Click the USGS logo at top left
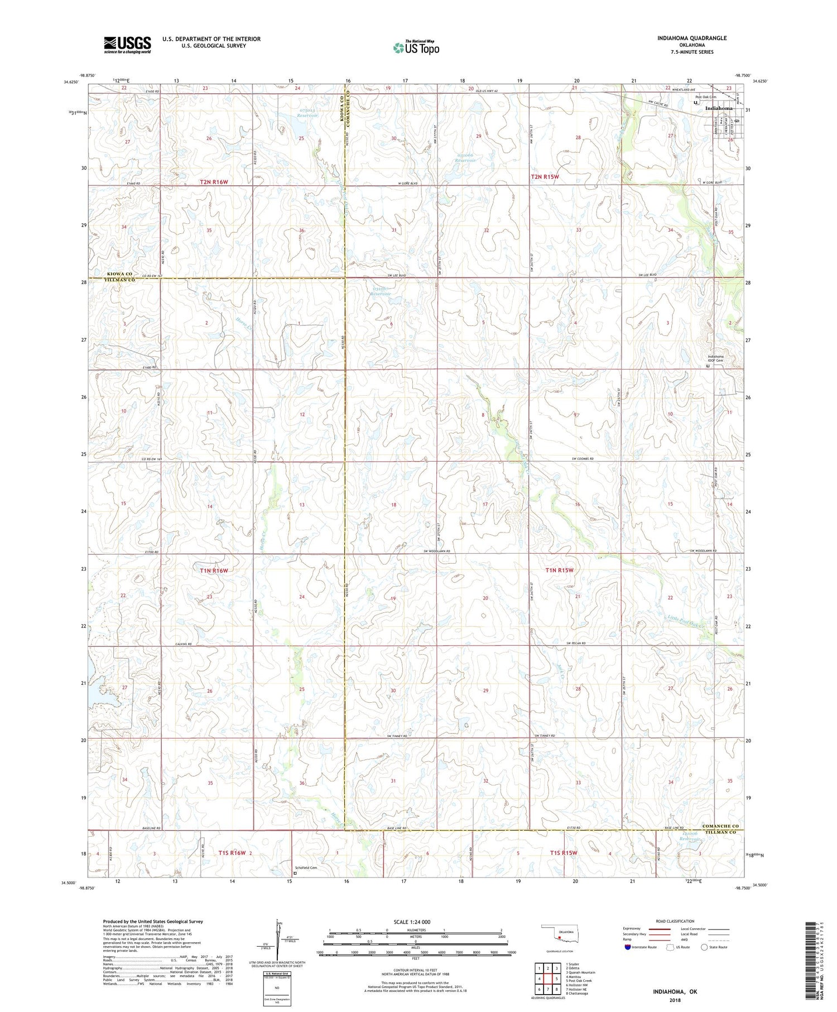click(x=127, y=45)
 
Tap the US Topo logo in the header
click(x=416, y=48)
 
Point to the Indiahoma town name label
click(x=719, y=108)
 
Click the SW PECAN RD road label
click(x=576, y=643)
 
